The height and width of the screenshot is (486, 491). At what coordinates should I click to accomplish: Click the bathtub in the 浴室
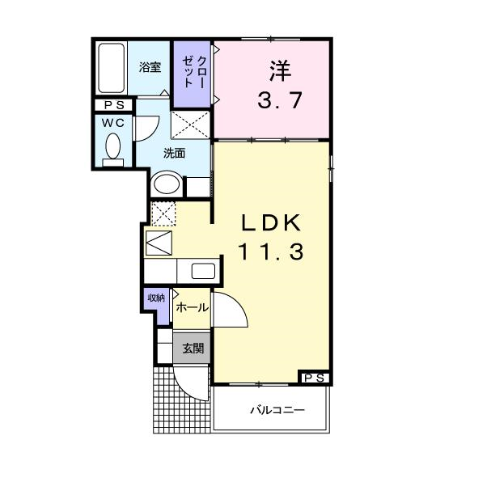click(x=111, y=68)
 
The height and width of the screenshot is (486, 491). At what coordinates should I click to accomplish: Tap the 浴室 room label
click(x=150, y=67)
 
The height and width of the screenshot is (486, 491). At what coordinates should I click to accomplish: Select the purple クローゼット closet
click(x=193, y=74)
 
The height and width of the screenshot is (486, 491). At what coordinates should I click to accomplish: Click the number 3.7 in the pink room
click(x=280, y=99)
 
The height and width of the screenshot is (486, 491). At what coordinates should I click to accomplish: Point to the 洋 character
click(x=280, y=70)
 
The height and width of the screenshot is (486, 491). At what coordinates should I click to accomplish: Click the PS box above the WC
click(x=114, y=105)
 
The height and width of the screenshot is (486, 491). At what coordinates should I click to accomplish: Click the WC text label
click(x=113, y=123)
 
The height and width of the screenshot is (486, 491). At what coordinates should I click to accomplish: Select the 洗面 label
click(x=174, y=153)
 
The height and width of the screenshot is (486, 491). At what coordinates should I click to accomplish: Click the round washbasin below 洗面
click(x=167, y=184)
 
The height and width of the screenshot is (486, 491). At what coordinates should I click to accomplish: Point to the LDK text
click(x=271, y=223)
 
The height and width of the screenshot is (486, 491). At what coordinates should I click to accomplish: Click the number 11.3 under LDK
click(x=271, y=252)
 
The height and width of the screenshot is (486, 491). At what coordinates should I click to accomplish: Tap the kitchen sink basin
click(x=203, y=271)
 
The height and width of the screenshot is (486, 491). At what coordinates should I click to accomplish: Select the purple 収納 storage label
click(x=156, y=298)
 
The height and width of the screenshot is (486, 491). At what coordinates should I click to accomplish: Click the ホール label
click(x=192, y=307)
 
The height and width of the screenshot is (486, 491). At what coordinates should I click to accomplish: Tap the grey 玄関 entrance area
click(x=192, y=348)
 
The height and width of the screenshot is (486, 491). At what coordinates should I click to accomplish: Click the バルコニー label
click(x=277, y=410)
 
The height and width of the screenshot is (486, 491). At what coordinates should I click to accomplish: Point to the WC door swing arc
click(x=154, y=133)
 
